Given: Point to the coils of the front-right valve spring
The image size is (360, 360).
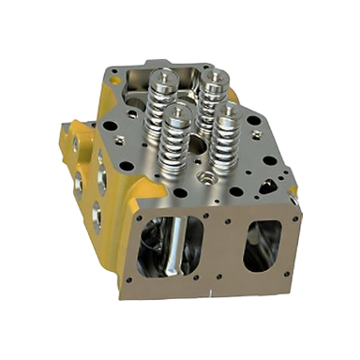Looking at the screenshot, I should [228, 141].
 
